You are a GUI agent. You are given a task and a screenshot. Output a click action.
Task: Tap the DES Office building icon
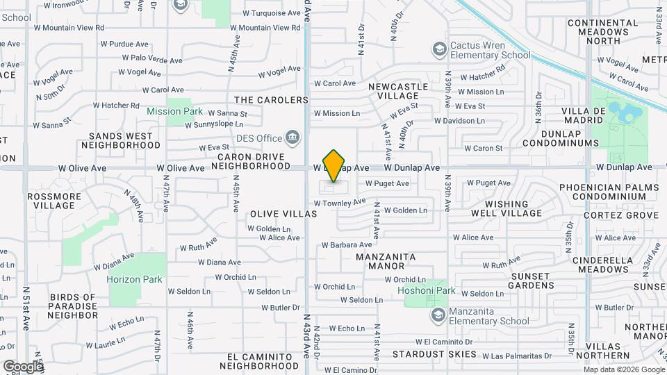293,137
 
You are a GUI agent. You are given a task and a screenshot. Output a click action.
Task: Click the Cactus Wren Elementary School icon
439,49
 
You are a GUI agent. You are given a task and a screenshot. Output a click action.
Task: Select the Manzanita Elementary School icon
438,316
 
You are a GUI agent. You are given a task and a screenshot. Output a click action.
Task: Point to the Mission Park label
174,111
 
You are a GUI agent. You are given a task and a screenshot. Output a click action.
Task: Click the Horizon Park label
134,279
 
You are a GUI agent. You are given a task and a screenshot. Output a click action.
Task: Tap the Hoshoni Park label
426,290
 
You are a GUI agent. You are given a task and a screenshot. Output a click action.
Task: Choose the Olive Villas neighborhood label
278,214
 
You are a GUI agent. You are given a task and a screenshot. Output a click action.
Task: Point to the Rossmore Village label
53,201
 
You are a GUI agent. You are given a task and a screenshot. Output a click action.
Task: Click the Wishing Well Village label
502,208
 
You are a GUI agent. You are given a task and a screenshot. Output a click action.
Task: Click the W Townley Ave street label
339,203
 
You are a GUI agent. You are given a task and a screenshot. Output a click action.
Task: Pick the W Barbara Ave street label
347,244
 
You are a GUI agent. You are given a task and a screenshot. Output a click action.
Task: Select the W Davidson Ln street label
459,120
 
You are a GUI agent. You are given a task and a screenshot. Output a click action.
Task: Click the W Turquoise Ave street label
272,13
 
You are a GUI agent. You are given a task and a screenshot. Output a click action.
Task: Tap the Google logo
22,366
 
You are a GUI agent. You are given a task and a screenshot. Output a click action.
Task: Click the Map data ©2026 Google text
623,369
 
